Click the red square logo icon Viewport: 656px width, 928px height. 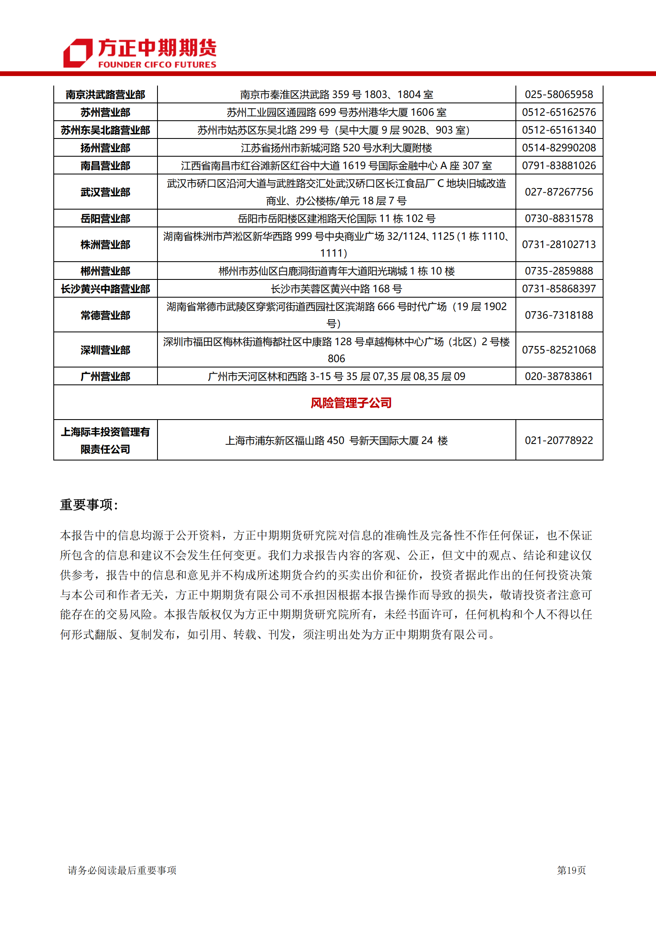77,53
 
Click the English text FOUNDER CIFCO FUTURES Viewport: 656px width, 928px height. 157,64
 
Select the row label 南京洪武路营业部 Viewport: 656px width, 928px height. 105,95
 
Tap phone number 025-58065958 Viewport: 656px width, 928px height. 559,95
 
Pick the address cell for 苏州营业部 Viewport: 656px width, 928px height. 336,112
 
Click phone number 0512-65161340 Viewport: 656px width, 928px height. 559,130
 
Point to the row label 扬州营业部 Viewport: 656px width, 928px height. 105,148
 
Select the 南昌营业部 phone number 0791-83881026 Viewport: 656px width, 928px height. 559,166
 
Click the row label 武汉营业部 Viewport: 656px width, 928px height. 105,192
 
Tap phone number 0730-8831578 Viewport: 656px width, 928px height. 559,219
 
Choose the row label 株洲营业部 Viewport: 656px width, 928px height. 105,245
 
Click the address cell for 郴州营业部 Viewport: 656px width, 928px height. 336,271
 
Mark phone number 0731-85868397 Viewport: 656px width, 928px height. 559,289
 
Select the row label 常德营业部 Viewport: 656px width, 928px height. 105,315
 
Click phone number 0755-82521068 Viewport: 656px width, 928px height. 559,350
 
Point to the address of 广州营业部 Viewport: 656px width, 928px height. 336,377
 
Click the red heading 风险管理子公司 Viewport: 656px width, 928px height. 351,403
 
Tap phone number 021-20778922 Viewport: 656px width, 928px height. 559,441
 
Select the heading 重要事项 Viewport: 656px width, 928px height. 89,505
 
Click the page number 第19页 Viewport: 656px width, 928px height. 571,870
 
